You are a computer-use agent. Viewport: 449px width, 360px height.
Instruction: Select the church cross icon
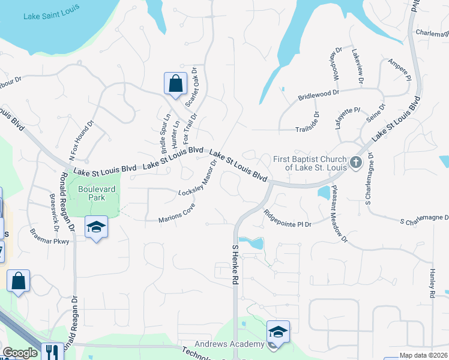point(355,163)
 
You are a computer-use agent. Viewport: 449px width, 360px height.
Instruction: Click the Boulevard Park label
point(96,192)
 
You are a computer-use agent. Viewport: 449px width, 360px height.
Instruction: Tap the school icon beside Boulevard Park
point(96,227)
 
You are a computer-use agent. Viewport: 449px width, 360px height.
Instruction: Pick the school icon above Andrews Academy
point(278,331)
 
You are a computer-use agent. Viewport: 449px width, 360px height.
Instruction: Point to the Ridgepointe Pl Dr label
point(288,218)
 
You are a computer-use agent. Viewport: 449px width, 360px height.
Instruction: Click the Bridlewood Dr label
point(319,95)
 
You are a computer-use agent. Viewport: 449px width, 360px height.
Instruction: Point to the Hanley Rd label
point(432,283)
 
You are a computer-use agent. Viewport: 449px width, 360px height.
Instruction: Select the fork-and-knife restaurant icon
point(52,352)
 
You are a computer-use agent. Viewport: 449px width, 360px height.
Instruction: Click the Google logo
point(20,353)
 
